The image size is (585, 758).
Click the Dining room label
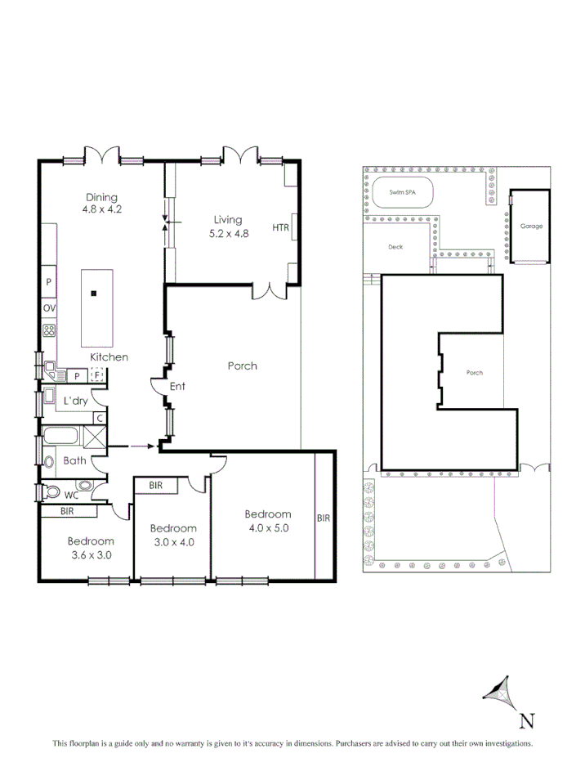(101, 197)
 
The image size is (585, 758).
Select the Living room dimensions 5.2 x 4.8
(228, 233)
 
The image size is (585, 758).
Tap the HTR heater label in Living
(281, 228)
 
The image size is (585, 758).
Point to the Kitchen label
(109, 357)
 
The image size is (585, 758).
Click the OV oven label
(49, 308)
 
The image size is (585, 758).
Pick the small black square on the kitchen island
(95, 293)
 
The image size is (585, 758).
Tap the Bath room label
(75, 460)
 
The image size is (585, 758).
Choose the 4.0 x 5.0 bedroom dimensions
(268, 527)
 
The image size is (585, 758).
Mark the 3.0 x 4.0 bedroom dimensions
(173, 541)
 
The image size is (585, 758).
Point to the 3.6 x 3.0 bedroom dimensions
(90, 554)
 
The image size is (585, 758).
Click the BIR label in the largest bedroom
(324, 518)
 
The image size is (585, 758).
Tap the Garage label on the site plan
(531, 227)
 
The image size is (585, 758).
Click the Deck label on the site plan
(395, 246)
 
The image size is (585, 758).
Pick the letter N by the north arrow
(527, 720)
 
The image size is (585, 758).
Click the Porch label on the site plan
(475, 373)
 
